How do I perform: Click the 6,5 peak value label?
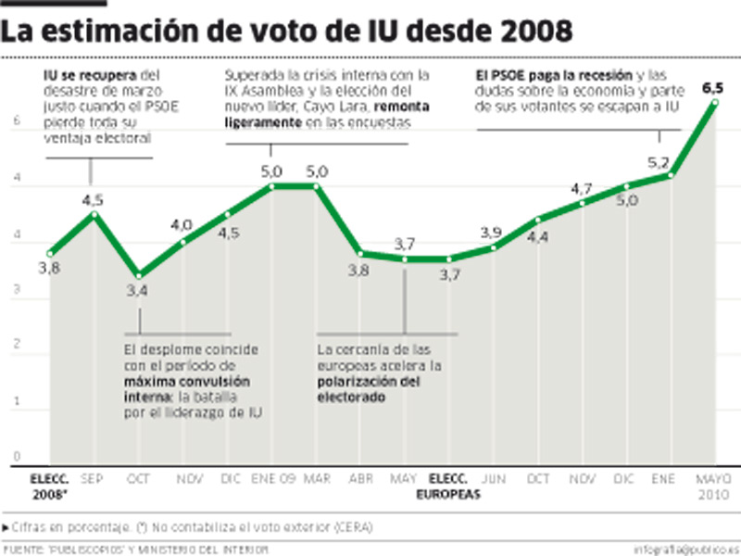(712, 89)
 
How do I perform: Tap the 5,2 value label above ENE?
(658, 161)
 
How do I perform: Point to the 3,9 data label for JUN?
(493, 232)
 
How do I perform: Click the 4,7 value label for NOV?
(581, 189)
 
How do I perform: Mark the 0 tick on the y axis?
(16, 456)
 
